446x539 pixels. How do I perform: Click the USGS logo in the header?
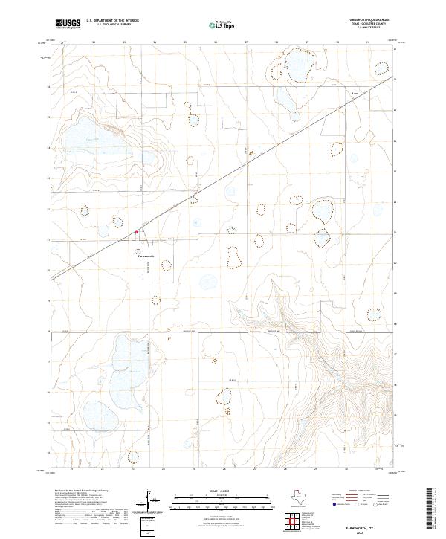[68, 24]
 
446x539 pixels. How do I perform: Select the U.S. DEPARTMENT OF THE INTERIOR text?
[112, 22]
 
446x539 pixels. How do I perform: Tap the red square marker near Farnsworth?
[135, 233]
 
